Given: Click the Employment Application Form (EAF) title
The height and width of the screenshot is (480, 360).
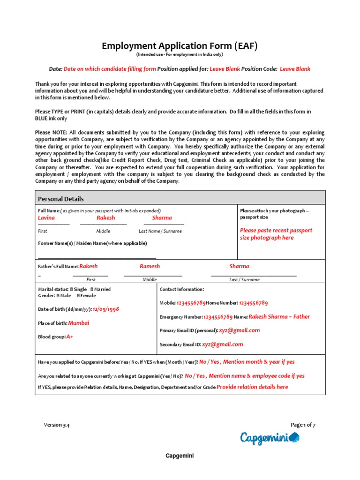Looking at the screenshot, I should pos(180,46).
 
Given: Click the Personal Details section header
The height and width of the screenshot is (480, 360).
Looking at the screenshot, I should pos(61,199).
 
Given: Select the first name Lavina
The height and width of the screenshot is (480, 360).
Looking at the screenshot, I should pos(46,217).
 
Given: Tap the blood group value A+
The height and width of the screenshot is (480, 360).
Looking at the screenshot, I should pos(70,337).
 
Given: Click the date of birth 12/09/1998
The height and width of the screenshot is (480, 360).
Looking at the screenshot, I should pos(106,309).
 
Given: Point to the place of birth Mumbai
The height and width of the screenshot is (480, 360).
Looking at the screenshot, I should pos(79,323).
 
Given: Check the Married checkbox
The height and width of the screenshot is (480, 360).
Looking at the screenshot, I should pos(92,290).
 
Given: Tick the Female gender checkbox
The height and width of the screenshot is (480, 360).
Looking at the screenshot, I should pos(79,296).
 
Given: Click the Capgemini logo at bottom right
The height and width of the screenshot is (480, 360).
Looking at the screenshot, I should pos(270,438).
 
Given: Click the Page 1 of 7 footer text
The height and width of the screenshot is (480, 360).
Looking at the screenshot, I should pos(303,425).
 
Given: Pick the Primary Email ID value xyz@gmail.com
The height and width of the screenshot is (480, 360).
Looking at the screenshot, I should pos(239,330).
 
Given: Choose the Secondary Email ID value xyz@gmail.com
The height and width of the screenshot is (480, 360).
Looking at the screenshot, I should pos(223,344).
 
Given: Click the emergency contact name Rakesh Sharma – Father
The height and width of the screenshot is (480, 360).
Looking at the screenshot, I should pos(279,316).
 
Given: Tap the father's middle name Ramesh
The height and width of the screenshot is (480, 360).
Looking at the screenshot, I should pos(150,266).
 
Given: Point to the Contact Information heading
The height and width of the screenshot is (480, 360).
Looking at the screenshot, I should pos(182,290).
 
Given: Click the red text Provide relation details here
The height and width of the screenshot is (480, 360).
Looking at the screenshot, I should pos(252,387).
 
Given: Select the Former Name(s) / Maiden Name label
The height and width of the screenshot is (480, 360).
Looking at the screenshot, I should pos(92,243).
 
